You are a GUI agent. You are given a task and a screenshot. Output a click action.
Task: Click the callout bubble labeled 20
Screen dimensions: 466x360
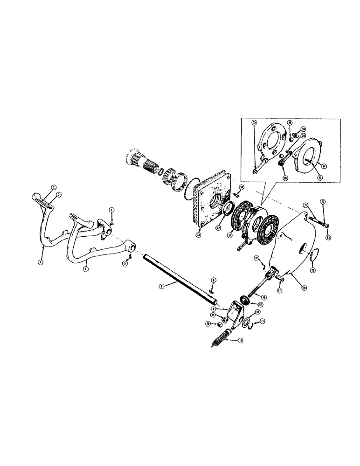pos(312,269)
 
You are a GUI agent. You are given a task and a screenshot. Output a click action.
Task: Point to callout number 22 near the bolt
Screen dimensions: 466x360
pos(322,201)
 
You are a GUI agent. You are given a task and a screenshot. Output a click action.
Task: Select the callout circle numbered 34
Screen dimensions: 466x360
pos(242,187)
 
